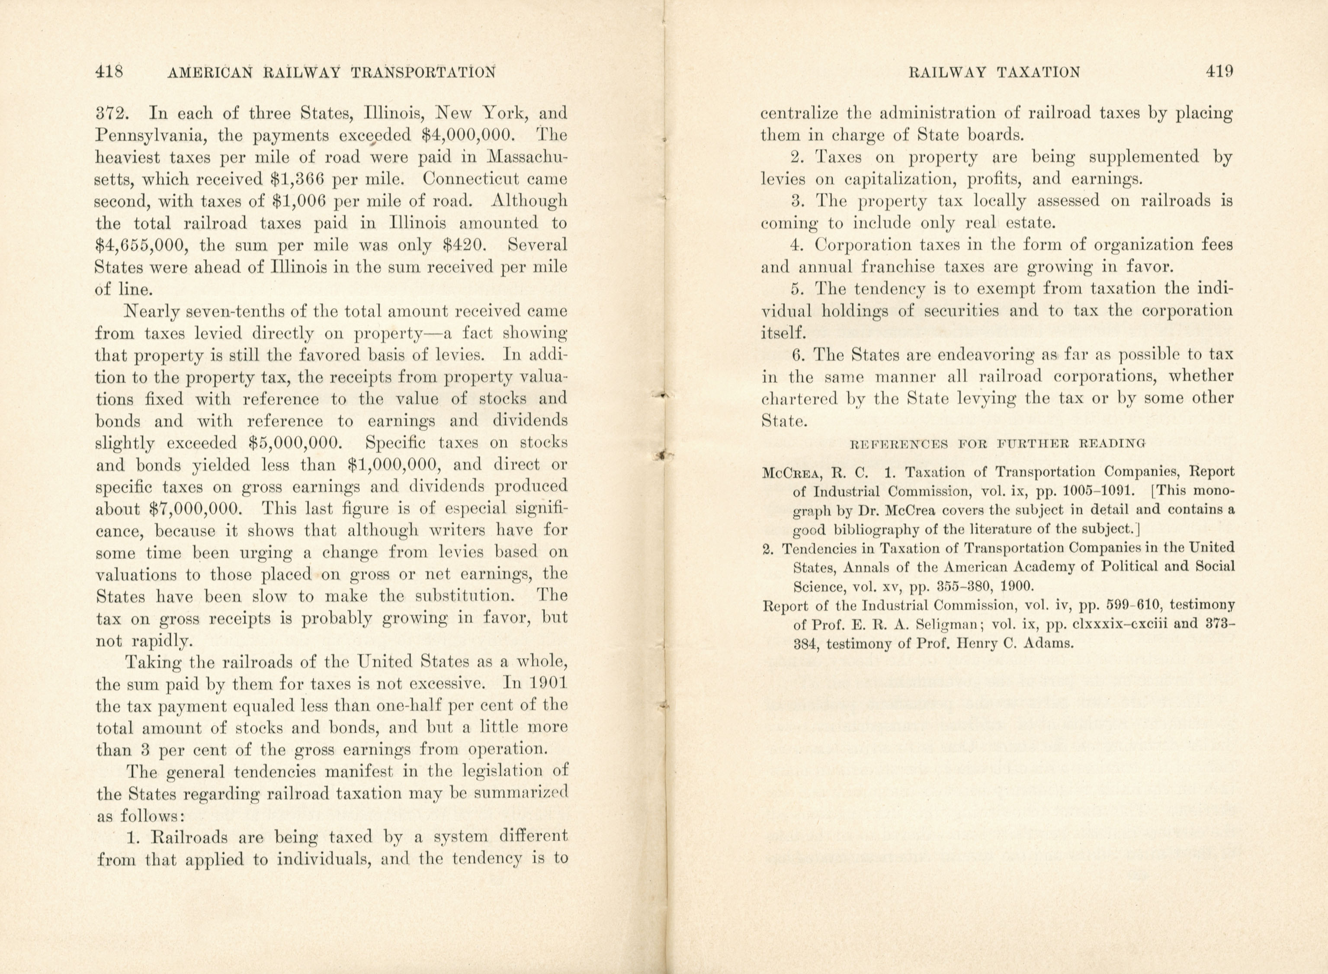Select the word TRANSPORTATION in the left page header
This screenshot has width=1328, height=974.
[423, 73]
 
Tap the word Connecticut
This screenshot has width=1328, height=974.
[458, 179]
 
